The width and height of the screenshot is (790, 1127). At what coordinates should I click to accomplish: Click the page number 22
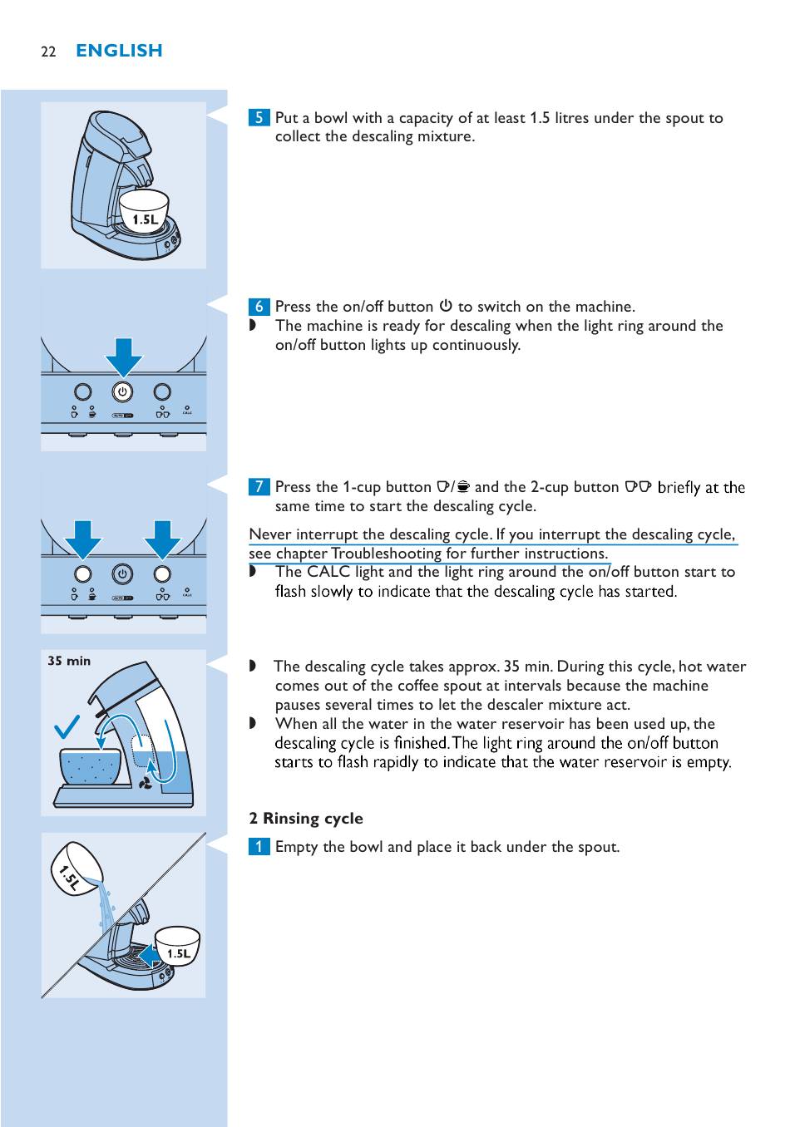pyautogui.click(x=48, y=52)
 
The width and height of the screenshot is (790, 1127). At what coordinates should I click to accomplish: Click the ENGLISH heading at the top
pyautogui.click(x=119, y=51)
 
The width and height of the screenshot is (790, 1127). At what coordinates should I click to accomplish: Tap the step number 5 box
pyautogui.click(x=259, y=117)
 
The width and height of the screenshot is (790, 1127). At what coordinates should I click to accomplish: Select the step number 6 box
pyautogui.click(x=259, y=307)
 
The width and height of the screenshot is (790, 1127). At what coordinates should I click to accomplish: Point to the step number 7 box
pyautogui.click(x=259, y=487)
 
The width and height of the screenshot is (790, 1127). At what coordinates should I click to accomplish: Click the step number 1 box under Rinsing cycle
pyautogui.click(x=259, y=847)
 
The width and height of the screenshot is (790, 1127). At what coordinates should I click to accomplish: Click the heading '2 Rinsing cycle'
pyautogui.click(x=306, y=819)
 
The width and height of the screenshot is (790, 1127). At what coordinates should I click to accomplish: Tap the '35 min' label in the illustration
pyautogui.click(x=69, y=661)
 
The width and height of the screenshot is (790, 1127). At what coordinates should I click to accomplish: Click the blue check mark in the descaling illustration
pyautogui.click(x=67, y=727)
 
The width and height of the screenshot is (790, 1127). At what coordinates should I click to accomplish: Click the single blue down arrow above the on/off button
pyautogui.click(x=123, y=356)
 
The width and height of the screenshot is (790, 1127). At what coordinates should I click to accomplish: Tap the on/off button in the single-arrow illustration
pyautogui.click(x=122, y=392)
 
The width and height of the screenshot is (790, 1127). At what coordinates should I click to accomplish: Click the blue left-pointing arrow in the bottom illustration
pyautogui.click(x=150, y=956)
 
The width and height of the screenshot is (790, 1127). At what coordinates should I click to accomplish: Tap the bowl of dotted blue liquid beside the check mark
pyautogui.click(x=90, y=765)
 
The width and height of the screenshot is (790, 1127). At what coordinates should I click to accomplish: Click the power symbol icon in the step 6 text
pyautogui.click(x=446, y=306)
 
